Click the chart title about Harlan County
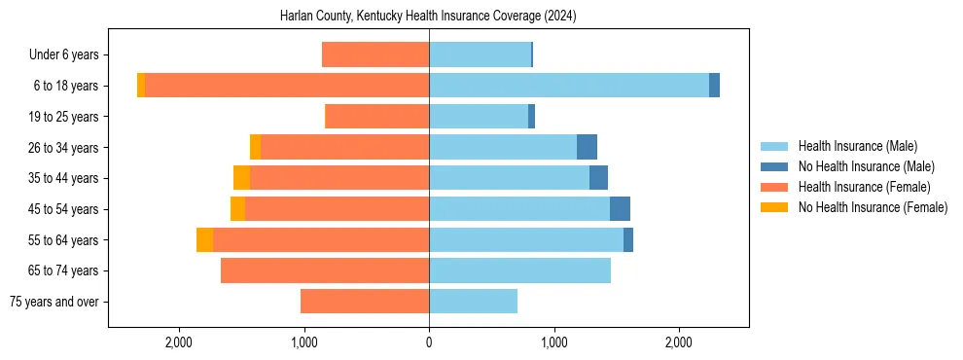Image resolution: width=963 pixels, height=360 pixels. click(428, 17)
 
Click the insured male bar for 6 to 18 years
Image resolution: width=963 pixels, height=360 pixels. click(569, 86)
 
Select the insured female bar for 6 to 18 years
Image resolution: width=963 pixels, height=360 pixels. click(287, 86)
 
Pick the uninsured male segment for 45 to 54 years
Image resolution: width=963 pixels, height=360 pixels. click(620, 209)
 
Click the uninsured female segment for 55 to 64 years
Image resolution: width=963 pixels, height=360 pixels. click(204, 240)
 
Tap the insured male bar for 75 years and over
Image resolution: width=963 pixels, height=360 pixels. click(473, 302)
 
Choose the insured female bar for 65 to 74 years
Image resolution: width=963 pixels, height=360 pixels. click(325, 270)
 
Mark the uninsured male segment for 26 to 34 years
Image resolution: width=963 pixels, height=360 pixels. click(587, 148)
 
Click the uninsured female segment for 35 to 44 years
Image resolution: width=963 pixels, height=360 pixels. click(241, 178)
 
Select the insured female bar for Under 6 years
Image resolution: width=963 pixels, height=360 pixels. click(375, 55)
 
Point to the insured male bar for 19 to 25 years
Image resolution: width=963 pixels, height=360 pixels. click(479, 117)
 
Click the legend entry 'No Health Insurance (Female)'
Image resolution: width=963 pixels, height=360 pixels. click(873, 207)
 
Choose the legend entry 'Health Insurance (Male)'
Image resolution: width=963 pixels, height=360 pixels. click(858, 146)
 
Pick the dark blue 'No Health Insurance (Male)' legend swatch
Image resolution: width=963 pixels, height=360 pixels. click(775, 166)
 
